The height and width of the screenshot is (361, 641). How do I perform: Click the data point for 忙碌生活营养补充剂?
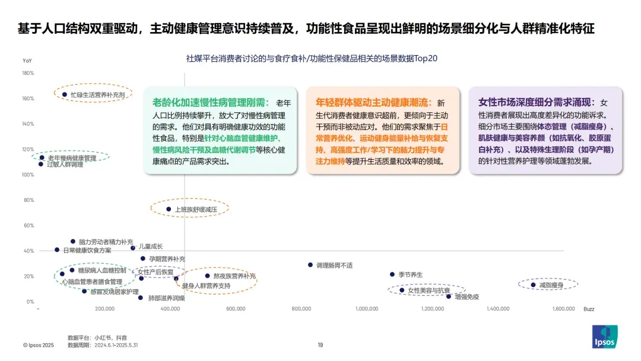click(x=65, y=94)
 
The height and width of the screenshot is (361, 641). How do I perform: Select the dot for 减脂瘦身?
click(x=533, y=285)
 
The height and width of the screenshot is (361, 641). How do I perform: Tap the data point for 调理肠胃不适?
click(x=310, y=265)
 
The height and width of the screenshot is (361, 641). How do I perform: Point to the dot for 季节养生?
click(x=392, y=274)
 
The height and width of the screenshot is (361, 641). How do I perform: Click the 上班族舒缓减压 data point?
click(x=169, y=209)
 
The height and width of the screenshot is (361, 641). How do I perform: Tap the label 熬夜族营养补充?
click(x=234, y=276)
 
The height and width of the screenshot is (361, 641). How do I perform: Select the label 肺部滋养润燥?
click(x=166, y=297)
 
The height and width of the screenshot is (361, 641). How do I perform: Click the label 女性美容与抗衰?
click(x=429, y=290)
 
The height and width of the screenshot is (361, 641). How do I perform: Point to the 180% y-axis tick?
click(x=28, y=73)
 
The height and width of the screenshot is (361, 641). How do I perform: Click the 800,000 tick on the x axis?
click(x=302, y=309)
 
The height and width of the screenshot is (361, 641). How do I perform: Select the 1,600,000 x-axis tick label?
click(x=563, y=309)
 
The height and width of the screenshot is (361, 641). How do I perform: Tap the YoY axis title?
click(x=27, y=61)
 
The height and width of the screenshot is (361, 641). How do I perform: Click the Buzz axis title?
click(x=589, y=309)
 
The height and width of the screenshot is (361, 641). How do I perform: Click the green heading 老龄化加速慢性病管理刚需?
click(x=211, y=102)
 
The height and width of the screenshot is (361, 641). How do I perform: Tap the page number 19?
click(x=320, y=345)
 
